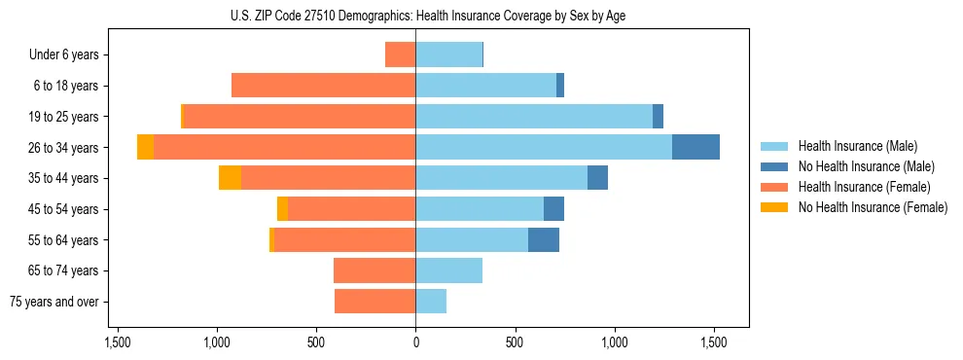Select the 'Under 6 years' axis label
[x=69, y=54]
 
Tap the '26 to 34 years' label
[x=64, y=148]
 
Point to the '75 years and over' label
[x=54, y=302]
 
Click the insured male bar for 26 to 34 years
[x=544, y=147]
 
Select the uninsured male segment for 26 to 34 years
[x=695, y=147]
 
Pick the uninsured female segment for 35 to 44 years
[x=230, y=178]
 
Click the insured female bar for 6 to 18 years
[x=323, y=86]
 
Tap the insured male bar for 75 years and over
[x=431, y=302]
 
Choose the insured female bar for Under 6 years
[x=400, y=54]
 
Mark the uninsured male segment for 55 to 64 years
[x=544, y=239]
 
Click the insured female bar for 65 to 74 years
[x=374, y=270]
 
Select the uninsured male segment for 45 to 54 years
[x=553, y=208]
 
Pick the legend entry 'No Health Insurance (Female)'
[x=873, y=207]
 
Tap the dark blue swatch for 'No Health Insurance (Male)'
[x=774, y=166]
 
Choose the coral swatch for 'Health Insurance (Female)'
[x=774, y=187]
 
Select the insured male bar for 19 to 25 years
[x=534, y=117]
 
